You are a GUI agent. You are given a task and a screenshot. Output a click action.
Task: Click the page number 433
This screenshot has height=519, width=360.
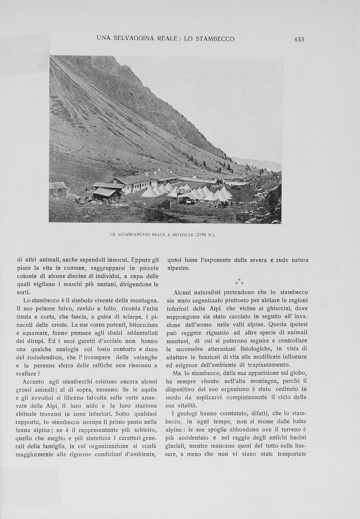pyautogui.click(x=299, y=39)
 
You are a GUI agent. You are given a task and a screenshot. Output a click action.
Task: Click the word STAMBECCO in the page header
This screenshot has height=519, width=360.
pyautogui.click(x=214, y=39)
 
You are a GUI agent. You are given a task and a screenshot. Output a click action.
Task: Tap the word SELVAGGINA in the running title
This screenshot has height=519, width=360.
pyautogui.click(x=136, y=39)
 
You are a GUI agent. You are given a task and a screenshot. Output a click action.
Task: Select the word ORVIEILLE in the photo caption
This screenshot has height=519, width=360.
pyautogui.click(x=179, y=235)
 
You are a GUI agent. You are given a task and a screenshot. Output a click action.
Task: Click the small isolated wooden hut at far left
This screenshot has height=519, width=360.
pyautogui.click(x=58, y=188)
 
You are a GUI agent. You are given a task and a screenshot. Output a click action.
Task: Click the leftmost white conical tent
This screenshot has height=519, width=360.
pyautogui.click(x=149, y=192)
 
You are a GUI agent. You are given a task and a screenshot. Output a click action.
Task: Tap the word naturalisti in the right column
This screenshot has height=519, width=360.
pyautogui.click(x=218, y=292)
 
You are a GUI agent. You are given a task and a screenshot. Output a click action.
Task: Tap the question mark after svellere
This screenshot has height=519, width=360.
pyautogui.click(x=39, y=374)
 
